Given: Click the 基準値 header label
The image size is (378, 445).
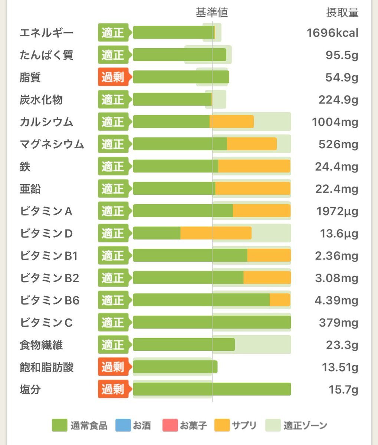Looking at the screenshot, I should point(211,13).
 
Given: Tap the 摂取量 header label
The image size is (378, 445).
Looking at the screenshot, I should point(342,13).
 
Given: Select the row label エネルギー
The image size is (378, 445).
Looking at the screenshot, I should point(46,33).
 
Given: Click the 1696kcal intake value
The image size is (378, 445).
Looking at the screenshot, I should point(332,33).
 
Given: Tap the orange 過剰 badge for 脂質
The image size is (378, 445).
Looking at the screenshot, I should point(113,77).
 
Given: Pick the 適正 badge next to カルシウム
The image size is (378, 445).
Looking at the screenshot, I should point(113,122).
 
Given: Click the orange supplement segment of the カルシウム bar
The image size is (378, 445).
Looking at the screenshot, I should point(231,122).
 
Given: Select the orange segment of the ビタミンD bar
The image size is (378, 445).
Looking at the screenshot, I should point(216,233).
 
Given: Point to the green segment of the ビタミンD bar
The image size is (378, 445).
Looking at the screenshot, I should point(157,233).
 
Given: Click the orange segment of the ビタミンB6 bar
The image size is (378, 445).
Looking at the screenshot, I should point(280,300).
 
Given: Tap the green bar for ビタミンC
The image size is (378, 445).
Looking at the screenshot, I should point(211,323).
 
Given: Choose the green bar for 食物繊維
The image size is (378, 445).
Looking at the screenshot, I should point(184,345).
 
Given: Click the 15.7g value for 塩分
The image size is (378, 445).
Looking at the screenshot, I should point(343,390).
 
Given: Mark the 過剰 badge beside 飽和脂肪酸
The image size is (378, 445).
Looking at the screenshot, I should point(113,367).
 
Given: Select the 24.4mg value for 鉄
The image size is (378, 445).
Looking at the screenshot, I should point(336,167).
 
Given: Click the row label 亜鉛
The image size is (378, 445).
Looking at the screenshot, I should point(30,189).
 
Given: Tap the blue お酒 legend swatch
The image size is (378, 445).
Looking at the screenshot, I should point(123,425).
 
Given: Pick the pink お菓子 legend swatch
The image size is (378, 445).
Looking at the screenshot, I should point(170,425).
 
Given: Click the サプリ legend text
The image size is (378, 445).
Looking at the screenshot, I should point(244,425).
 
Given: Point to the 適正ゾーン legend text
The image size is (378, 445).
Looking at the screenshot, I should point(305,425).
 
